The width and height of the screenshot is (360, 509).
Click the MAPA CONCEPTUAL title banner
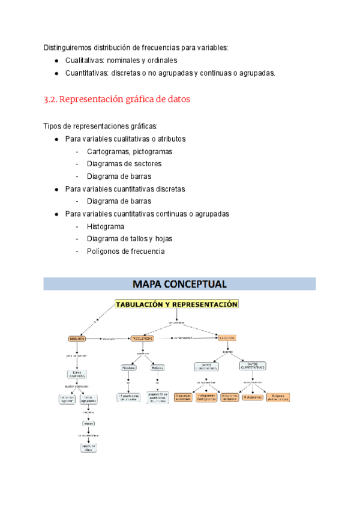(x=179, y=283)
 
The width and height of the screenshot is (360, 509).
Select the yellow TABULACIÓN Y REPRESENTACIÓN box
(x=176, y=304)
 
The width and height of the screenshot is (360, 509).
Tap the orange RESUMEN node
(x=77, y=339)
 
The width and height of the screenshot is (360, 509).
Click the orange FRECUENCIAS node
(x=142, y=339)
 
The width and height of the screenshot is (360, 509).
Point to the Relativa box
(x=158, y=367)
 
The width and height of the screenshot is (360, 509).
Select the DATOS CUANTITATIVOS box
(x=253, y=366)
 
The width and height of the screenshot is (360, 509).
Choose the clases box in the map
(x=89, y=423)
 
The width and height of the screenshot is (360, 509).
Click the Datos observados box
(x=78, y=375)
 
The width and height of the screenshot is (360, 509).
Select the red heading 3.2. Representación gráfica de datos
(x=116, y=100)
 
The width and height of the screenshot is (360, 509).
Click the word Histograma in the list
(x=106, y=226)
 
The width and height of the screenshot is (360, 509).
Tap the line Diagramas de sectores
(x=124, y=164)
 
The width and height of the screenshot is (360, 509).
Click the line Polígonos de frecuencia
(x=125, y=251)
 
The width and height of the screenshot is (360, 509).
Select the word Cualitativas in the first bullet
(x=83, y=61)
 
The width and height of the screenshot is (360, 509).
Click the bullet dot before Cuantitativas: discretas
(x=56, y=73)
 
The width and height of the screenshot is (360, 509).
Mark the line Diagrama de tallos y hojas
(x=129, y=239)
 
